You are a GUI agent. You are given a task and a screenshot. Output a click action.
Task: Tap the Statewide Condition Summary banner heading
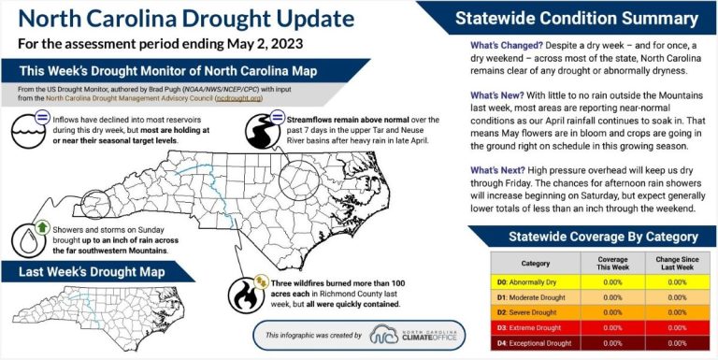(576, 18)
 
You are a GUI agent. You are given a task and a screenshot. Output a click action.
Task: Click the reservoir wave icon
(28, 131)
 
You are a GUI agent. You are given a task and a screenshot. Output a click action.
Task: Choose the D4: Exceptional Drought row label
(535, 343)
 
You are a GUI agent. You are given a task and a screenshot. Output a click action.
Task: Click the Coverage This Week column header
(612, 263)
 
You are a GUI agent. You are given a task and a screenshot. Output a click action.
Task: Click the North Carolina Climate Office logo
(412, 335)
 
